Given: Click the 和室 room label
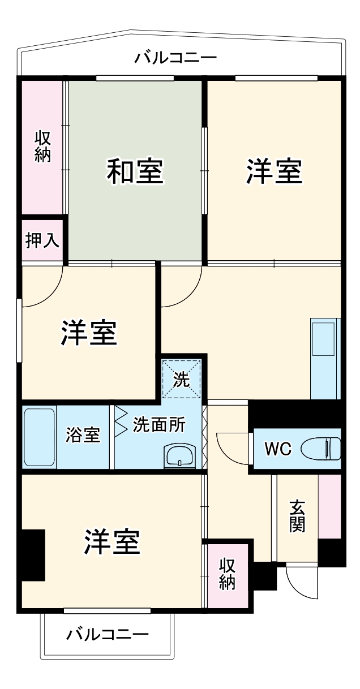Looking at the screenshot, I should [x=135, y=172].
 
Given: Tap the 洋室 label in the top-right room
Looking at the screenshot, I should [x=274, y=172].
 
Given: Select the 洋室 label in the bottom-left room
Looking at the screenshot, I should [x=112, y=542].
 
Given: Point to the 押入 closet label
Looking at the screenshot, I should [x=42, y=240].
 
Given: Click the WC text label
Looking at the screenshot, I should [x=278, y=450].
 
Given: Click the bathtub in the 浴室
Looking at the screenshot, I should [x=40, y=437].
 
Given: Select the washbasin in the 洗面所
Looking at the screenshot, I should [x=179, y=455].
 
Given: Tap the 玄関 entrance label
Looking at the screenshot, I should [x=297, y=516].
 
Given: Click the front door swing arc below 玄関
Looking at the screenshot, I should [x=302, y=583].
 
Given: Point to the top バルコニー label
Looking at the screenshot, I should [x=175, y=58].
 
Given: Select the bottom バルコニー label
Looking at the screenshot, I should [x=108, y=634].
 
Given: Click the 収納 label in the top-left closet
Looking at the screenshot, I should [x=42, y=146].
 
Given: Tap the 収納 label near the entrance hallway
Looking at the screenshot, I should [x=227, y=574].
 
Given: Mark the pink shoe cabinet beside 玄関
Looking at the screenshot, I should [x=329, y=506].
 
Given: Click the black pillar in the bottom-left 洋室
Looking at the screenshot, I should [x=33, y=554].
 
